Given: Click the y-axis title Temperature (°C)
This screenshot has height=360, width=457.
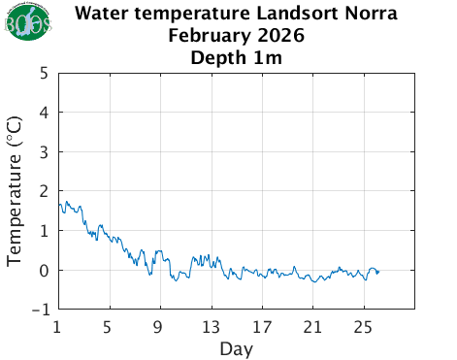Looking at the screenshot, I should (16, 191).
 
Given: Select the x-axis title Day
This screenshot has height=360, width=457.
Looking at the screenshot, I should (236, 347).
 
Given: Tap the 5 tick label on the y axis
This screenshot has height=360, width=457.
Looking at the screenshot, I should (45, 73).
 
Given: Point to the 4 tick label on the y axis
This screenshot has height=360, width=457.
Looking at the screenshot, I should (45, 113).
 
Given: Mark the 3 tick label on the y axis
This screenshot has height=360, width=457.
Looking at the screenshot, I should (45, 152).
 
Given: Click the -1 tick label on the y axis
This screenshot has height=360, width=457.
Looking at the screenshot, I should (40, 310).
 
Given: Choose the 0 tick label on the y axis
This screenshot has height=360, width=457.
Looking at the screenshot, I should (45, 271).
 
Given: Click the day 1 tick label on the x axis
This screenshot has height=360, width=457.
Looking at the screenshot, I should (58, 325).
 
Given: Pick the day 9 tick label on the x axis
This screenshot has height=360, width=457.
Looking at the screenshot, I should (160, 325).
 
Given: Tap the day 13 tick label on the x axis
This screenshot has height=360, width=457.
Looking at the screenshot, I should (211, 325).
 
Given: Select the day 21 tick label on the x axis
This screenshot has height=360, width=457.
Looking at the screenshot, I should (312, 325).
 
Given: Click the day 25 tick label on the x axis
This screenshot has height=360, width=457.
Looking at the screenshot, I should (363, 325).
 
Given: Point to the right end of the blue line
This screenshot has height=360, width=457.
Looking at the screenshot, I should (378, 272).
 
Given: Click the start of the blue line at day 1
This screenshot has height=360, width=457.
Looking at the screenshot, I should (59, 204).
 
